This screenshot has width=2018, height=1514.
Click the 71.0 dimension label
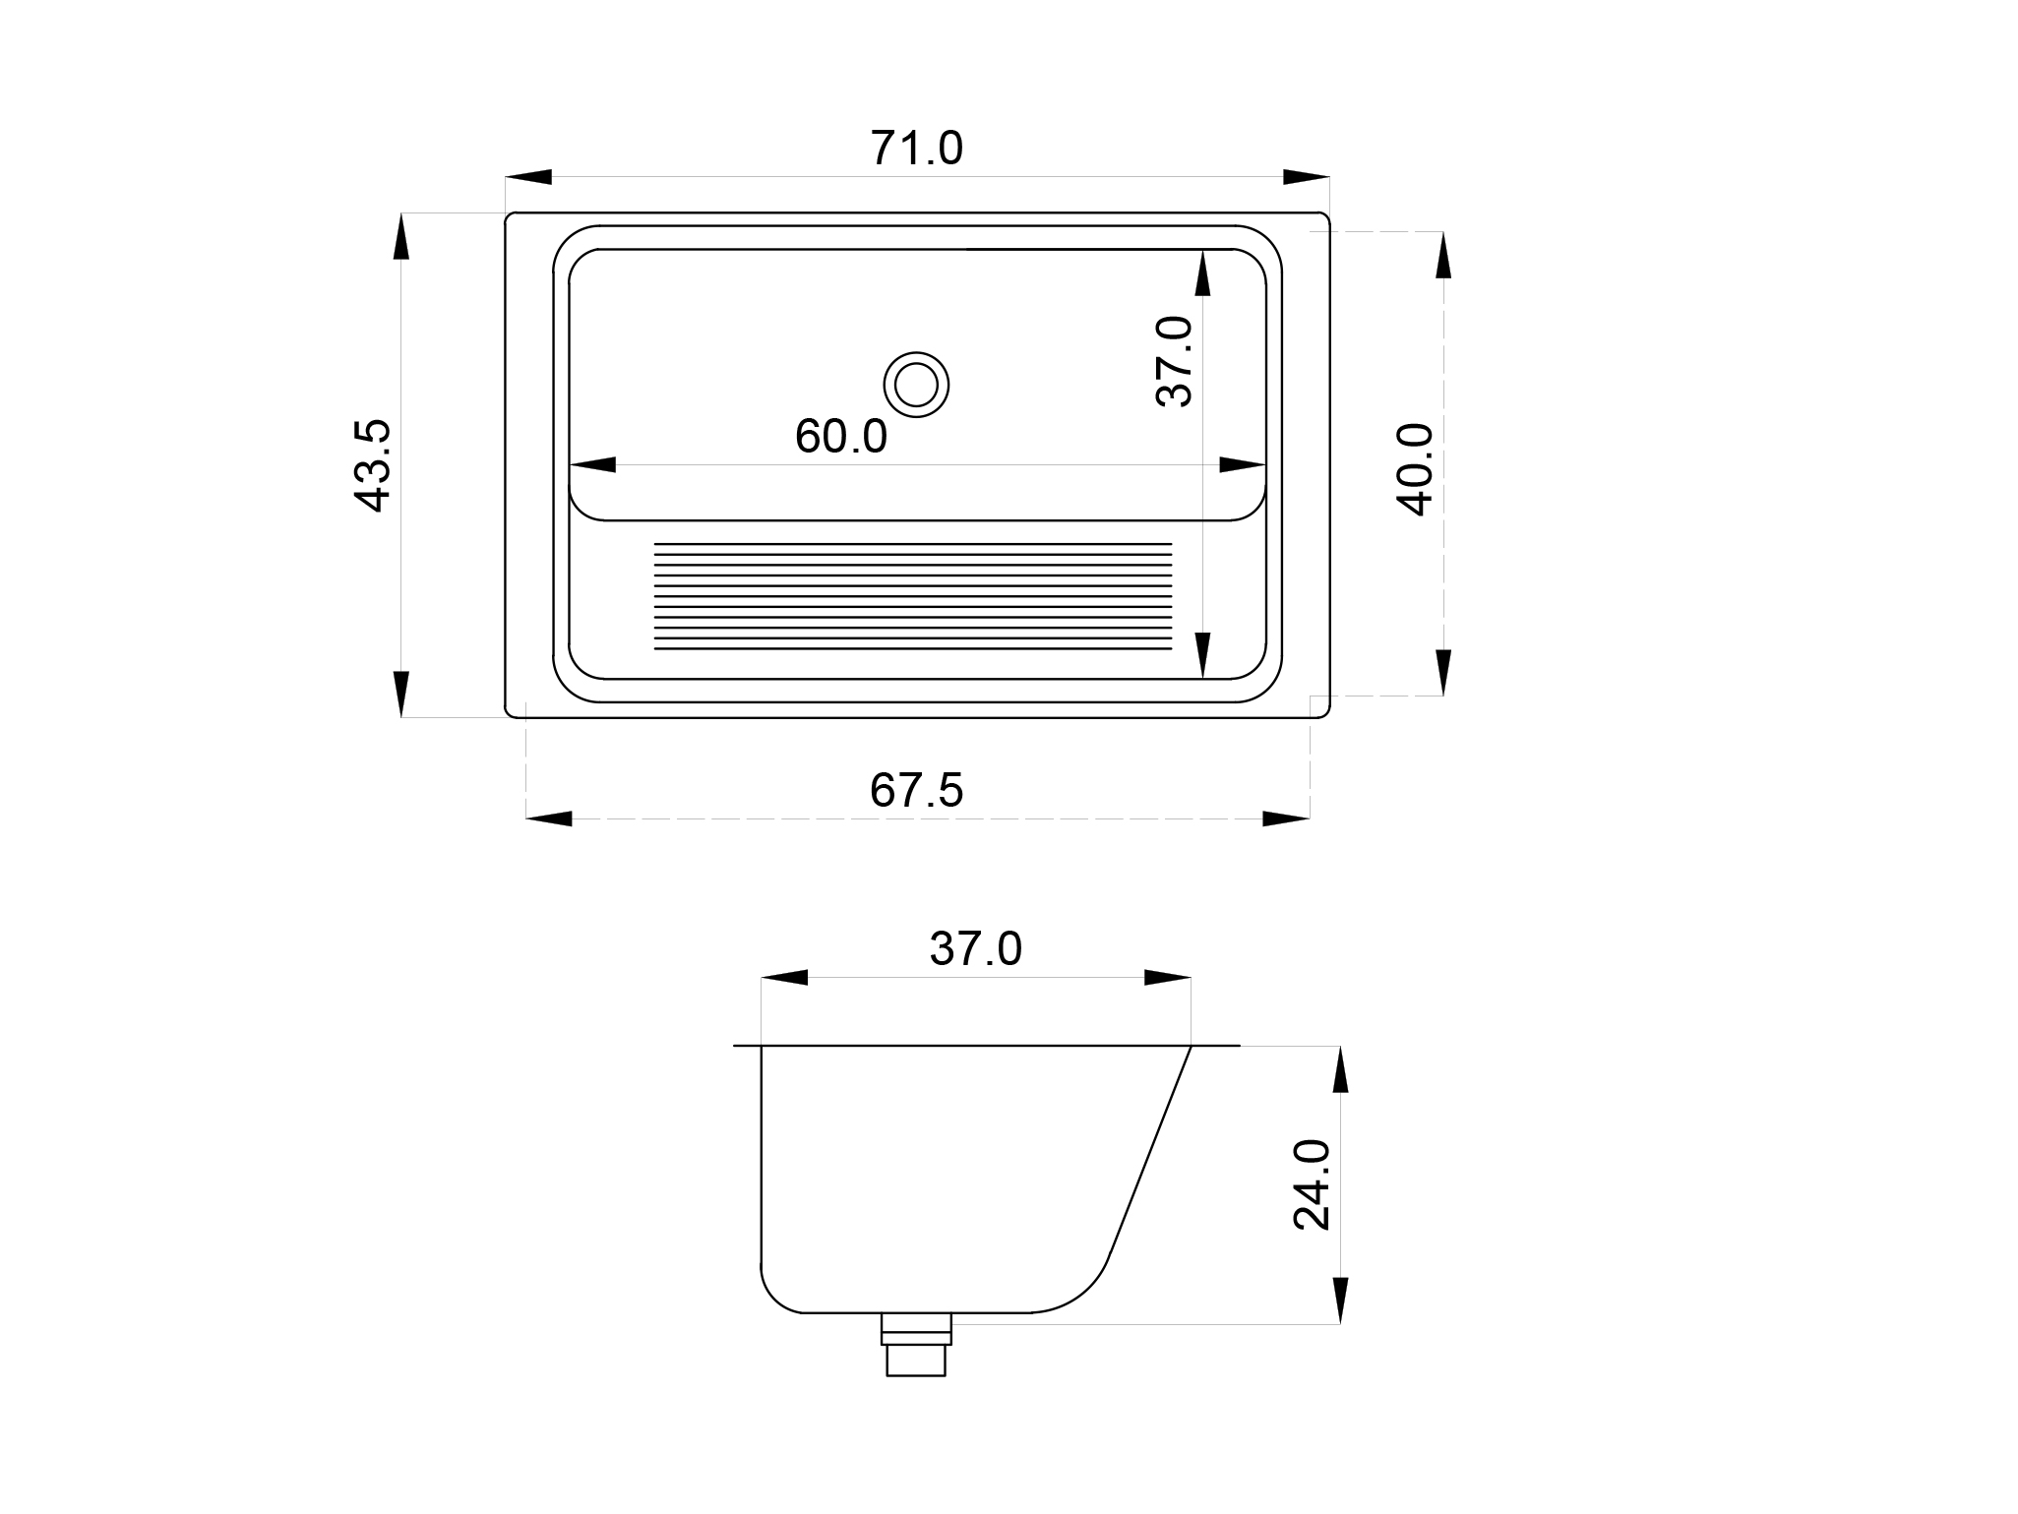(x=916, y=149)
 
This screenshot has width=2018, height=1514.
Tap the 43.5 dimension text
(x=373, y=465)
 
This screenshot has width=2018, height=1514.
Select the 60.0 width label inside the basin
(x=841, y=436)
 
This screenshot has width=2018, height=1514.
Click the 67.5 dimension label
(x=916, y=790)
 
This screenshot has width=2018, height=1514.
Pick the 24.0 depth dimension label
(x=1312, y=1184)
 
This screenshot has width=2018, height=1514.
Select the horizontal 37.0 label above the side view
(x=976, y=948)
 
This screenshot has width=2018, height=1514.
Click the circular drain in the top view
(x=916, y=384)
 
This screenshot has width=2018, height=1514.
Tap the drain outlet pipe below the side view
(x=916, y=1344)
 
